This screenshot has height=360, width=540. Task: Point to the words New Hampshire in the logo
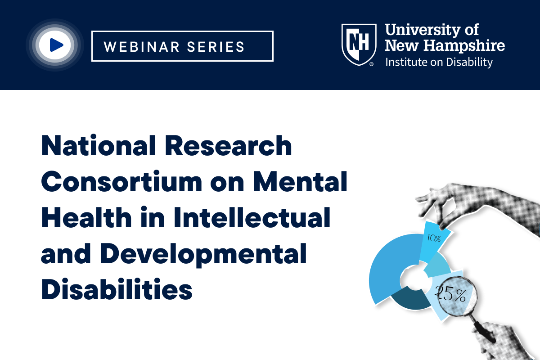[x=445, y=45]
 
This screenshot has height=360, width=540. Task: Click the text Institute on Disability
[x=439, y=62]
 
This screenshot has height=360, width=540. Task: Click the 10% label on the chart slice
[x=434, y=238]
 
